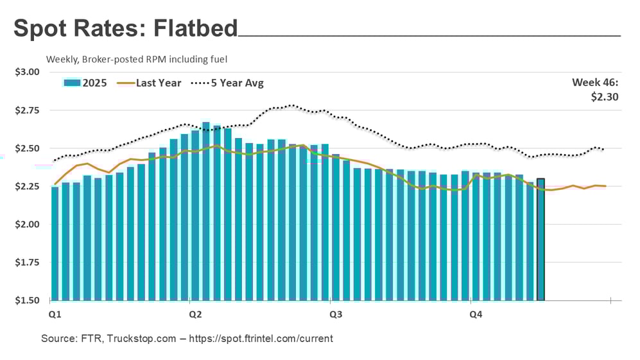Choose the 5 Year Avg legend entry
pyautogui.click(x=234, y=83)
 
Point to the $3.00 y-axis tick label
pyautogui.click(x=27, y=72)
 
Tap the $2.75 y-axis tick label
pyautogui.click(x=27, y=110)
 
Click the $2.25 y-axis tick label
pyautogui.click(x=27, y=187)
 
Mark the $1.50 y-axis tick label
pyautogui.click(x=27, y=300)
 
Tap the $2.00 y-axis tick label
pyautogui.click(x=27, y=225)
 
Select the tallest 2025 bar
pyautogui.click(x=206, y=211)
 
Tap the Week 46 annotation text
pyautogui.click(x=596, y=83)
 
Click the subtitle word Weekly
pyautogui.click(x=62, y=59)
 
